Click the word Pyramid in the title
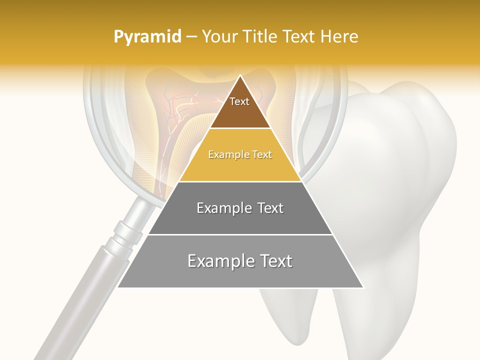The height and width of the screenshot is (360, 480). [147, 37]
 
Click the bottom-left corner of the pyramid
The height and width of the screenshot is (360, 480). [118, 287]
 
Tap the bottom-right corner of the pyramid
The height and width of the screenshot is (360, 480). [363, 287]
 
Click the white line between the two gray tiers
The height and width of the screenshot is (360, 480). [240, 234]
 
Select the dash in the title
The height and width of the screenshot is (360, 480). [191, 37]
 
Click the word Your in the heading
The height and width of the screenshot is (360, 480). [218, 37]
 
